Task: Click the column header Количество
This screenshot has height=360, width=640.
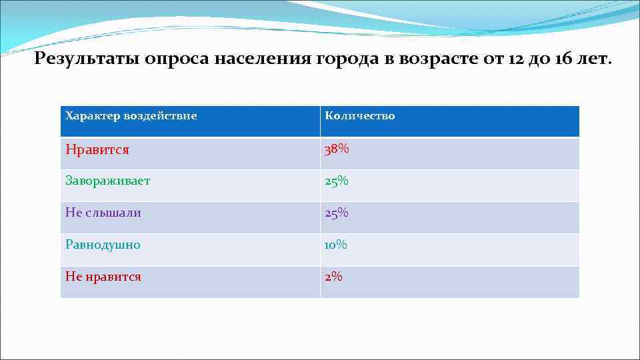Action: tap(359, 116)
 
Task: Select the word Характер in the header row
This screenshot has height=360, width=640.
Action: tap(92, 116)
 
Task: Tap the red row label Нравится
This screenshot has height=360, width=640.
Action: tap(97, 149)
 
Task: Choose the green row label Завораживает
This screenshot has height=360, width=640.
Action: tap(107, 181)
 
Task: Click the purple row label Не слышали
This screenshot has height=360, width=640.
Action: tap(103, 213)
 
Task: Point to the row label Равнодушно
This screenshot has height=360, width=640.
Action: tap(103, 245)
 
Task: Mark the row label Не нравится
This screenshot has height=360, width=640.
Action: tap(103, 277)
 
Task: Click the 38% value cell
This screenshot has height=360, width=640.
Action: tap(337, 149)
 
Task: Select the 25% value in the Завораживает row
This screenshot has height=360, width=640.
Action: tap(337, 181)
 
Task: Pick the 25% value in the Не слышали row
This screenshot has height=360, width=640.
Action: tap(337, 213)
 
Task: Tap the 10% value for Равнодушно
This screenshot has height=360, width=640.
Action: tap(336, 245)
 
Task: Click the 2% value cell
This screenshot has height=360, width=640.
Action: tap(333, 277)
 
